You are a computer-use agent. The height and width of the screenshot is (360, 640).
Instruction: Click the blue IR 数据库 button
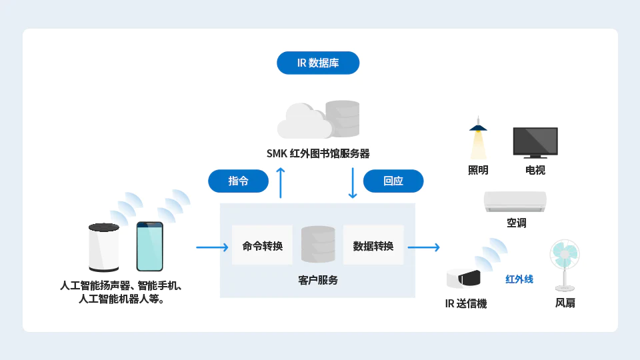[318, 63]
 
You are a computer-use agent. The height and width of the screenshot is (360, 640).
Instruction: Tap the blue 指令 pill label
[239, 181]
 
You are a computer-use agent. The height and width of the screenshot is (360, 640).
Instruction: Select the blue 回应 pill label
[393, 181]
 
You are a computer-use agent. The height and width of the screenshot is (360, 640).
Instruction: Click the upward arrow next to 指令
[281, 183]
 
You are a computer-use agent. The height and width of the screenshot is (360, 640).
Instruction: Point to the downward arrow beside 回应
[353, 183]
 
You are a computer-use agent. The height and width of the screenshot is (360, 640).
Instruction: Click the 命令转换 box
[262, 245]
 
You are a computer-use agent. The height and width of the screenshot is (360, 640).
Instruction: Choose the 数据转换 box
[373, 245]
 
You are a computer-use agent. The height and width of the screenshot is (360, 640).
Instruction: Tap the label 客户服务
[318, 281]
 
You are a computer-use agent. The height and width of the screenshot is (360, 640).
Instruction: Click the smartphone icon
[150, 247]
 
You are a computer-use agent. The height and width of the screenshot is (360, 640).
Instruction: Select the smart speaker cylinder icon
[104, 247]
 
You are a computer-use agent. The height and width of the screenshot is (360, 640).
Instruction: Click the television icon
[535, 143]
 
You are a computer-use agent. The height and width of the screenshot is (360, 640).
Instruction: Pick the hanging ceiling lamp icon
[478, 138]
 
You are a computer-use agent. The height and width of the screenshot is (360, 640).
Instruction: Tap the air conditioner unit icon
[515, 201]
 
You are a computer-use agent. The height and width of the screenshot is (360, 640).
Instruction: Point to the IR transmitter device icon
[464, 279]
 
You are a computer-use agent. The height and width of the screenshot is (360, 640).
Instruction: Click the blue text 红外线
[519, 279]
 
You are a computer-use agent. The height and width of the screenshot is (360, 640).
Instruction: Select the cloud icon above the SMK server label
[304, 121]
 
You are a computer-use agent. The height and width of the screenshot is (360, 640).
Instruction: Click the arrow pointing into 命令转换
[212, 247]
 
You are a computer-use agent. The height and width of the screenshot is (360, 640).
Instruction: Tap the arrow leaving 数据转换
[424, 247]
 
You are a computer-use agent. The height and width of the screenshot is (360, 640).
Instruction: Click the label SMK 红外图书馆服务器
[318, 153]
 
